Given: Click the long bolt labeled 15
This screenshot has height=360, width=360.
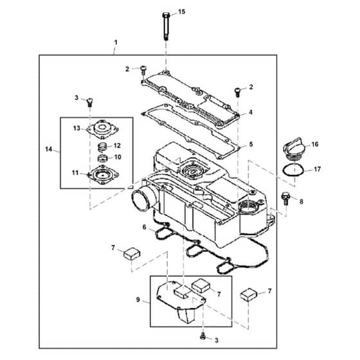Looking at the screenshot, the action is (x=166, y=26).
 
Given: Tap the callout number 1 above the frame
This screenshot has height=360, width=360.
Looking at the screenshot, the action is (x=116, y=42).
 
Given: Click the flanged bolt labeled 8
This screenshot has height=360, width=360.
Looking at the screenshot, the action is (x=285, y=198).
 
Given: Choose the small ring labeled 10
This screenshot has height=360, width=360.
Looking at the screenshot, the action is (x=103, y=158).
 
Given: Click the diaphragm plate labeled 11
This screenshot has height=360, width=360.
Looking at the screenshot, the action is (x=103, y=175).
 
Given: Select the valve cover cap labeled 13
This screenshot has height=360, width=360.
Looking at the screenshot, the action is (x=102, y=129).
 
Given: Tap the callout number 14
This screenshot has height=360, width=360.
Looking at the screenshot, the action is (x=49, y=149).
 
